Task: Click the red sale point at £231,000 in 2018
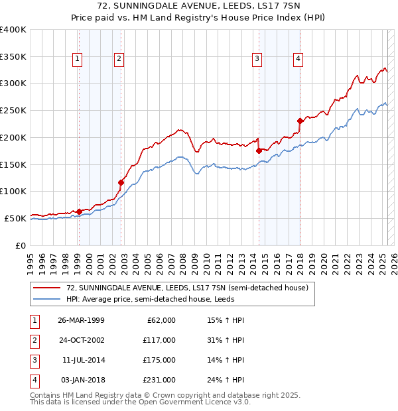[300, 121]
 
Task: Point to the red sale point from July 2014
[259, 150]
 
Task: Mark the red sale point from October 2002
[121, 182]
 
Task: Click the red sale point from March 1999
[79, 211]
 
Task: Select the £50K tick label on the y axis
[16, 218]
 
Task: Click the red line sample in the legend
[46, 288]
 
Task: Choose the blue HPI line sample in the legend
[46, 299]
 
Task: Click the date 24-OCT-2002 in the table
[81, 340]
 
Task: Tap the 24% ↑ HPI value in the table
[226, 380]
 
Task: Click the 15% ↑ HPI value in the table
[226, 320]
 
